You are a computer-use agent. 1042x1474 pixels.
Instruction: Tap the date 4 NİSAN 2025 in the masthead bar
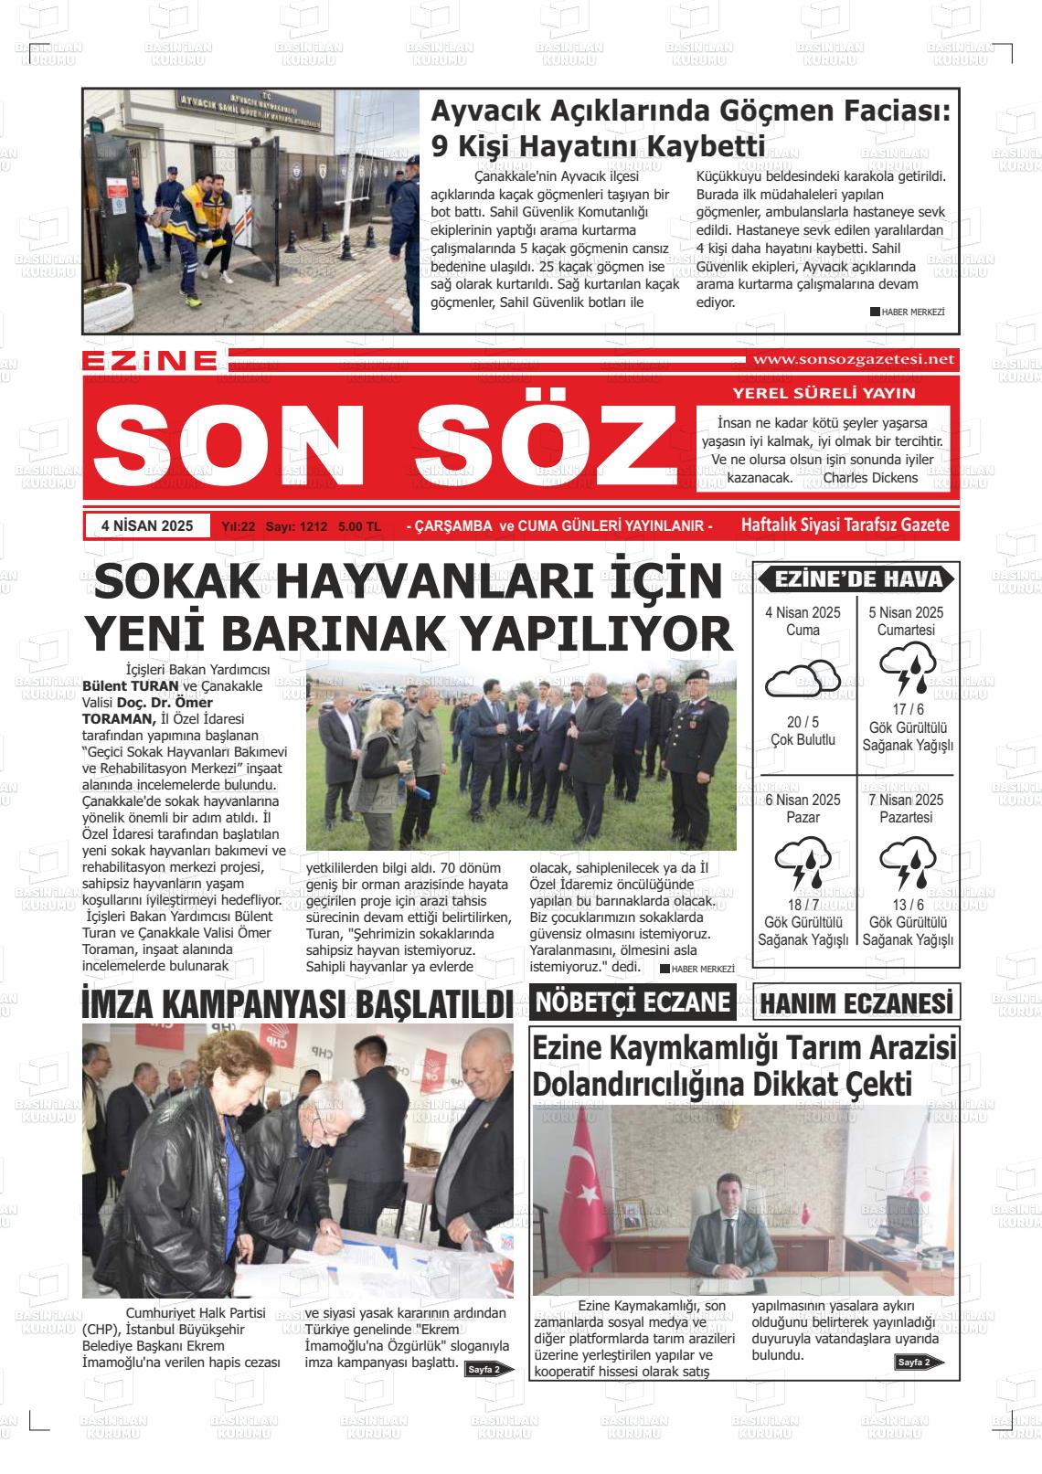[148, 526]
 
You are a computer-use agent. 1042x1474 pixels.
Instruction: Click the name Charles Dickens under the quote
[870, 477]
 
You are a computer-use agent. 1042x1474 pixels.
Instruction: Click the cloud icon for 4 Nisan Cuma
[803, 679]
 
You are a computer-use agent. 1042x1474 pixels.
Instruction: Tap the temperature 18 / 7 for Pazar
[803, 904]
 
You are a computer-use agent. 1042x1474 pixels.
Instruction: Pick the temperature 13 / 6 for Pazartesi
[908, 904]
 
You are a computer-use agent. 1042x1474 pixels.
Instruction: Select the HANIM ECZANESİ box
[856, 1003]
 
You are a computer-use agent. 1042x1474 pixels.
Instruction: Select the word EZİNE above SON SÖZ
[149, 362]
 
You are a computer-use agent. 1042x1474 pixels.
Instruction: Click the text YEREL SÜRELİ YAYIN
[824, 394]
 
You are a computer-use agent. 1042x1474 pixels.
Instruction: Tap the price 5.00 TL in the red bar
[359, 527]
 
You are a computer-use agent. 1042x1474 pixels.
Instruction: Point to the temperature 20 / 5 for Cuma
[803, 722]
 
